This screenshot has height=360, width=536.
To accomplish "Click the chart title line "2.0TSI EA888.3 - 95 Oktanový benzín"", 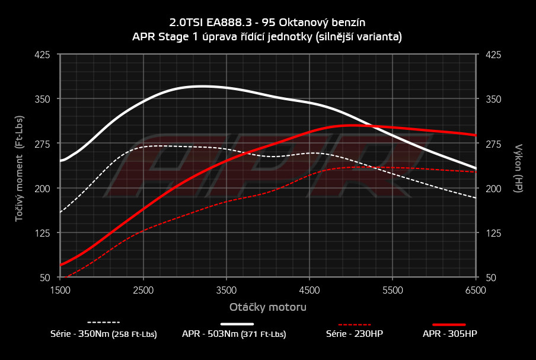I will [267, 23].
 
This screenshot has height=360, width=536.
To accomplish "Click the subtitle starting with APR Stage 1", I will [267, 37].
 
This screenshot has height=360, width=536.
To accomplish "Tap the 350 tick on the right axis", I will [493, 99].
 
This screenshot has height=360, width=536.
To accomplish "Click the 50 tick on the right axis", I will [491, 278].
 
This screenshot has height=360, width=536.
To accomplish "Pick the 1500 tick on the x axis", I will [60, 290].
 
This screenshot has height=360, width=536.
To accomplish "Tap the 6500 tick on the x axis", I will [476, 290].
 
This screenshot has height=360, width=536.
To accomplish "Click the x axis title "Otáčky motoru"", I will [268, 307].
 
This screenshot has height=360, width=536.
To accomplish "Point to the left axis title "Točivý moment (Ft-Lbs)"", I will [19, 166].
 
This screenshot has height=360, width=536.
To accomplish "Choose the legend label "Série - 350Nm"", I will [104, 334].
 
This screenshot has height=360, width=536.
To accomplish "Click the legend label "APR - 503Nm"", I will [234, 334].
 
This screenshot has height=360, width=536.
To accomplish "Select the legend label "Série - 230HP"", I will [355, 334].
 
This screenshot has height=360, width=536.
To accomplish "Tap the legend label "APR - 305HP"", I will [449, 334].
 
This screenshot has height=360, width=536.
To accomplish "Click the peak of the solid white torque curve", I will [202, 86].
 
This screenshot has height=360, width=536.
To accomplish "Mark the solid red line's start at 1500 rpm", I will [60, 265].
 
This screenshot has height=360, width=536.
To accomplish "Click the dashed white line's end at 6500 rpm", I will [476, 197].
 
